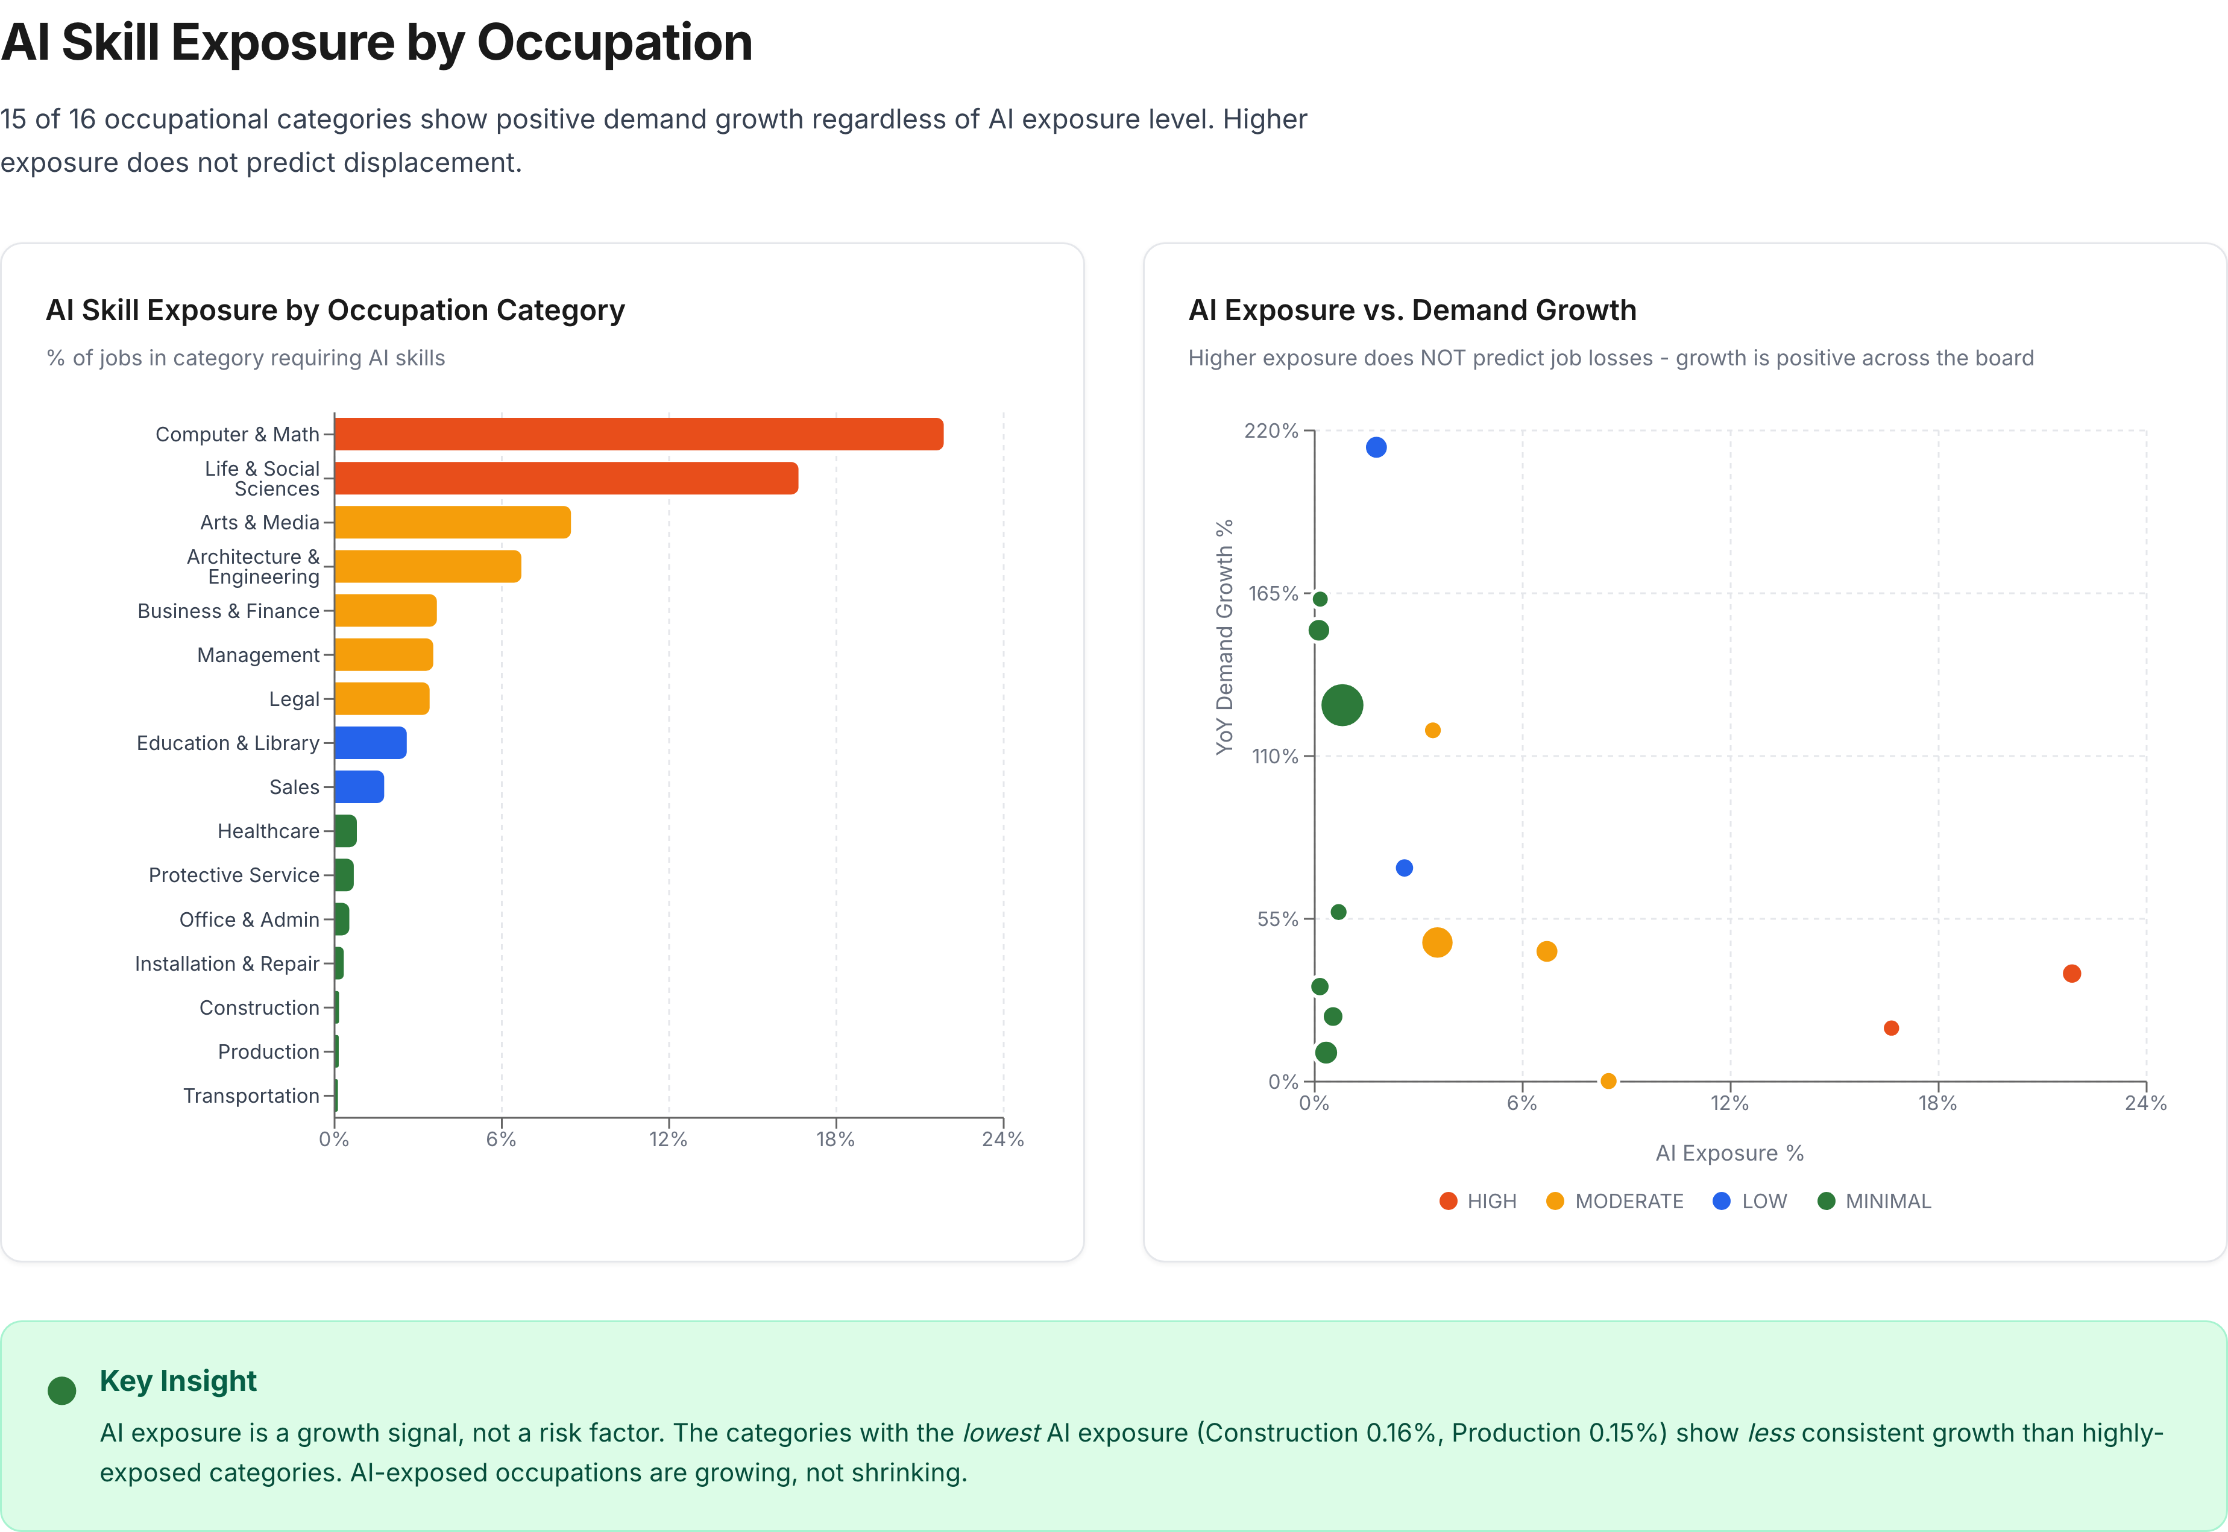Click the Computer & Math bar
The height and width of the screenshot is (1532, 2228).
(638, 434)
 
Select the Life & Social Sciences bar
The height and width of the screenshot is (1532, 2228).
(566, 478)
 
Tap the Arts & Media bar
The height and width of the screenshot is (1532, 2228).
(452, 522)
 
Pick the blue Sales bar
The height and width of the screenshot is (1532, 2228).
(359, 787)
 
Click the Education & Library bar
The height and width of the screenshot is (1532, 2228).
(370, 743)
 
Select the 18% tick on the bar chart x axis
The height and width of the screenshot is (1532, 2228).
(835, 1140)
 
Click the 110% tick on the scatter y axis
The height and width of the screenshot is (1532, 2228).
(1274, 757)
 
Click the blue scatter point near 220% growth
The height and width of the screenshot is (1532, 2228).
(1376, 447)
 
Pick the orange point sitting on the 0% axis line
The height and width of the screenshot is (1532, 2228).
(1608, 1081)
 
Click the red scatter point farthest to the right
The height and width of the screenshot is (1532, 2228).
(2072, 973)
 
